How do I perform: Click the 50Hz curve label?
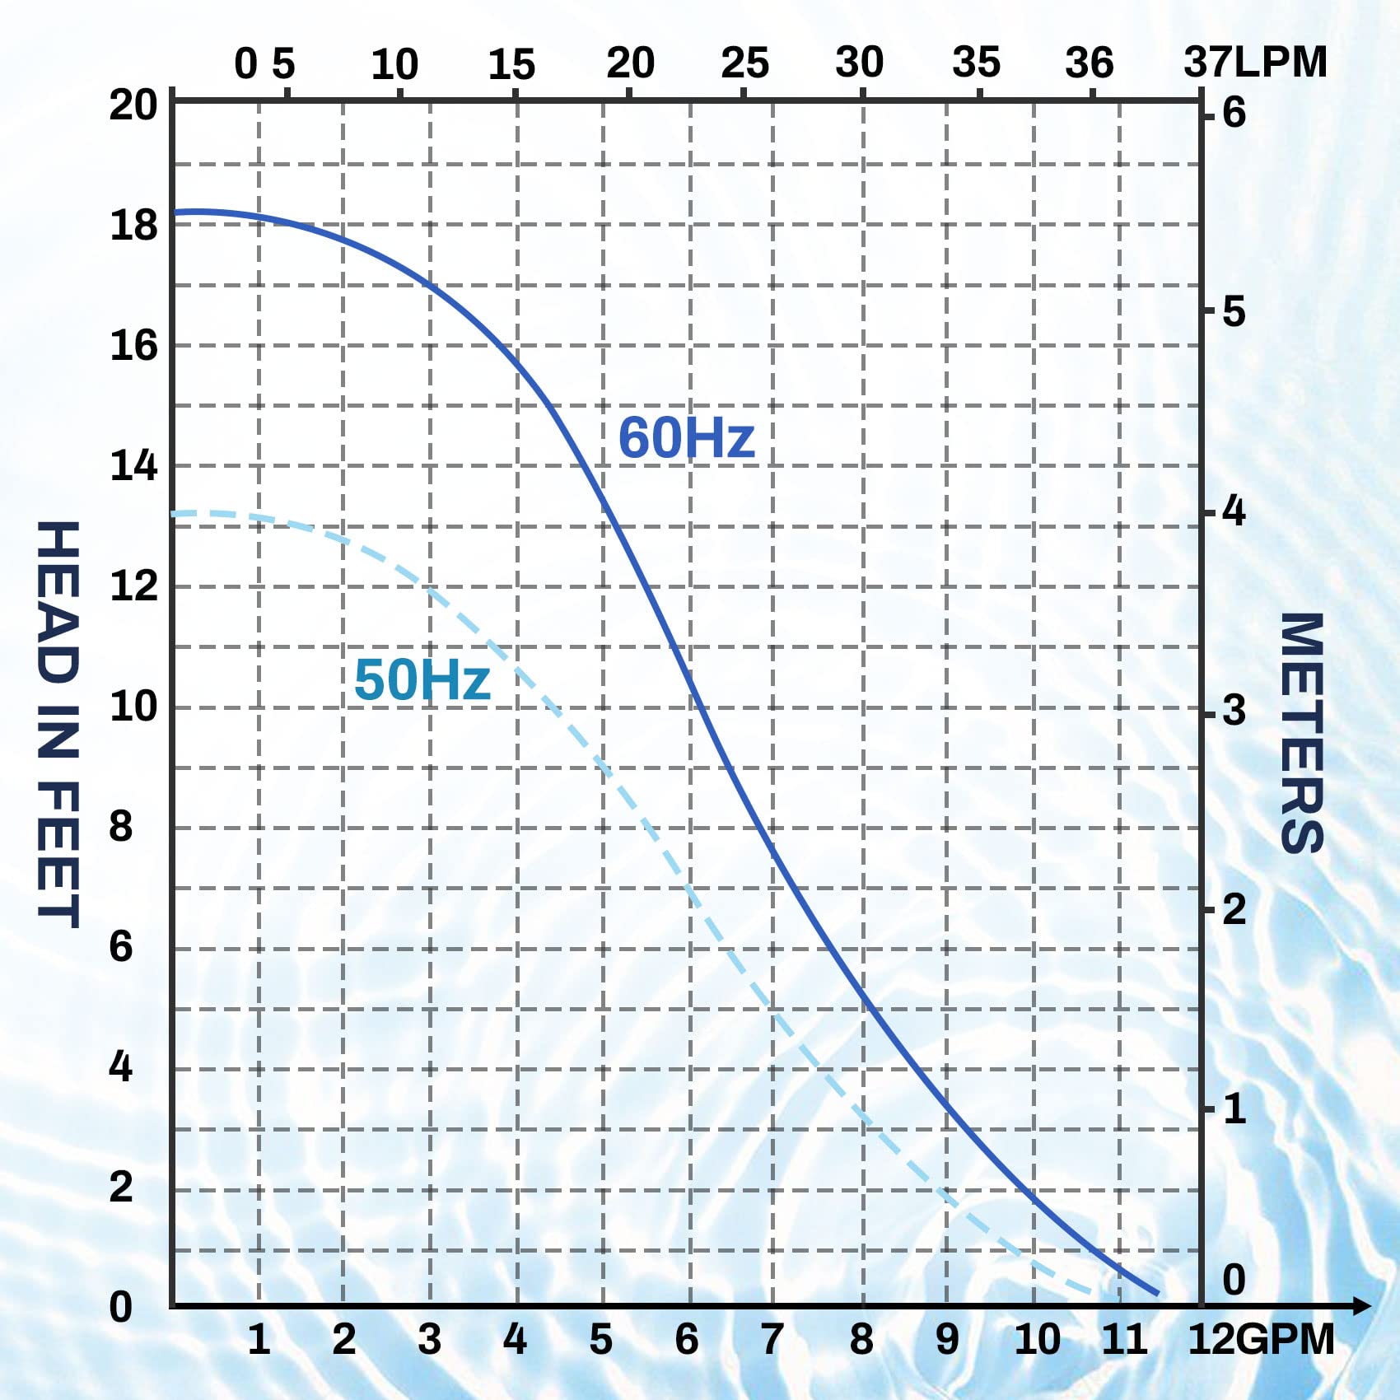click(x=422, y=680)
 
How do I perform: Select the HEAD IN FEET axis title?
click(x=58, y=725)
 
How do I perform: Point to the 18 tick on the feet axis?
click(x=133, y=226)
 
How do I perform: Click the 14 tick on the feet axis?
click(x=133, y=466)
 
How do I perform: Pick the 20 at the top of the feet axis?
click(x=133, y=105)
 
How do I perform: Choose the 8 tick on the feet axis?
click(x=121, y=826)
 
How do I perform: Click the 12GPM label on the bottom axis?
click(x=1260, y=1339)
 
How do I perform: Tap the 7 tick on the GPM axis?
click(x=772, y=1339)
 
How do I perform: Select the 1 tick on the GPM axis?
click(x=259, y=1339)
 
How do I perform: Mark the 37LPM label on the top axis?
click(x=1255, y=63)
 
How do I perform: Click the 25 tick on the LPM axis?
click(x=744, y=63)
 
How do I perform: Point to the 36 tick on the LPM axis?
click(x=1089, y=63)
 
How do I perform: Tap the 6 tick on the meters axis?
click(x=1234, y=113)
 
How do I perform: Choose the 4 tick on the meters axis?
click(x=1234, y=511)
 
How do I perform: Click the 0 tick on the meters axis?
click(x=1234, y=1280)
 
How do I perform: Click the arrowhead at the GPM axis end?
click(x=1362, y=1305)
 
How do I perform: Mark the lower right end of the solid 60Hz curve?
click(x=1157, y=1294)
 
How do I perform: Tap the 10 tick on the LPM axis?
click(x=394, y=64)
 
